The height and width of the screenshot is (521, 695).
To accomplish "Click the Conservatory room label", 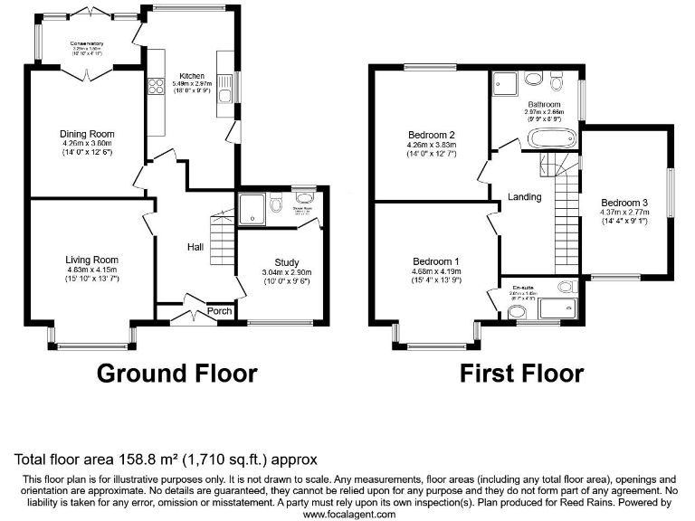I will coord(90,43).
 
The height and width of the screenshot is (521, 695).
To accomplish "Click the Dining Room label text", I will coord(88,134).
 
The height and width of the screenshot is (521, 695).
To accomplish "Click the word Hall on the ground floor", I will coord(195,247).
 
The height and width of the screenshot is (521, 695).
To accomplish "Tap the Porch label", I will coord(220,311).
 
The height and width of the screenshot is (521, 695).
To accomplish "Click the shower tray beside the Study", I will coord(253,210).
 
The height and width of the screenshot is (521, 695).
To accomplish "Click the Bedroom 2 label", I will coord(431,135).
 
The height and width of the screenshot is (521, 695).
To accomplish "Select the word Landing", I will coord(524,196).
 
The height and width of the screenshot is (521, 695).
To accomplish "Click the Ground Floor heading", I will coord(176,373).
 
